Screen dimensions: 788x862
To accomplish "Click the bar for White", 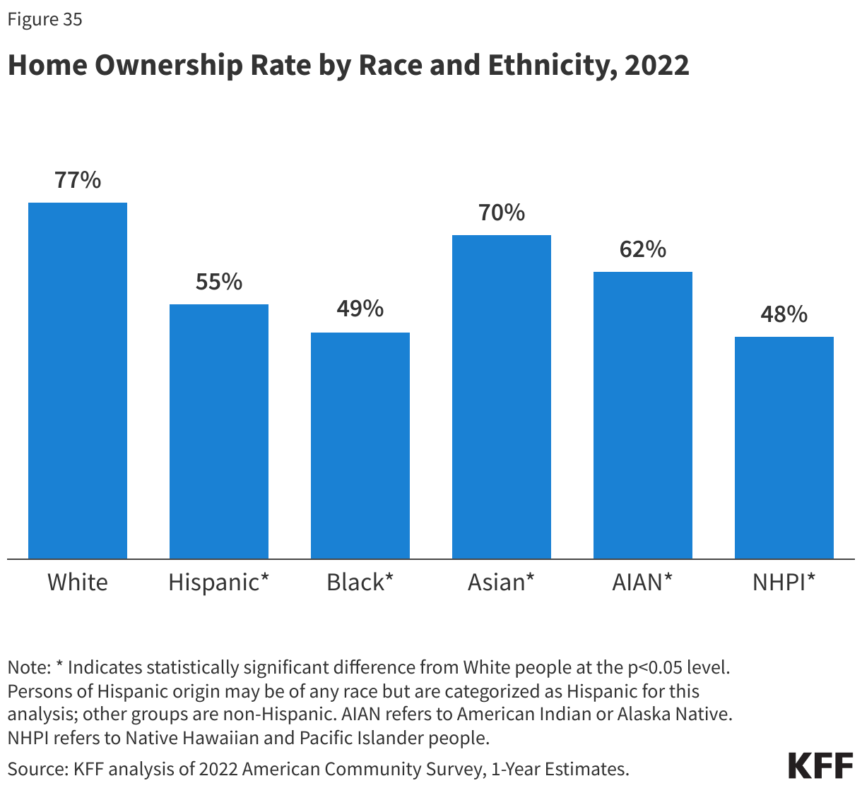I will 78,381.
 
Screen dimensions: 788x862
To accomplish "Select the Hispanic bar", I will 219,431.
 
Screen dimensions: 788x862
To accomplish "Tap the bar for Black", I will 360,446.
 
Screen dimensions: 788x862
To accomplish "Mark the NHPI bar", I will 784,448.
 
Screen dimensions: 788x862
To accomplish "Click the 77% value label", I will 78,181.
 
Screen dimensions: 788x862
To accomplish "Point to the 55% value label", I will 219,282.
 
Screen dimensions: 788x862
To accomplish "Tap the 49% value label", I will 360,309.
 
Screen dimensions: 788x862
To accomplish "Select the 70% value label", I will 502,213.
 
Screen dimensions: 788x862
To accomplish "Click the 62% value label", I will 643,250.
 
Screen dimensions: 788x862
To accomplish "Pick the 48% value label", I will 784,315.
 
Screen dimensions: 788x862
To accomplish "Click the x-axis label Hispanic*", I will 219,583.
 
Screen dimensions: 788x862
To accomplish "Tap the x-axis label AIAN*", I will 642,583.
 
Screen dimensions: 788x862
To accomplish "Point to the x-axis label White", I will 78,583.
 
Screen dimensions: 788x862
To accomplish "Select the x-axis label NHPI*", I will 784,583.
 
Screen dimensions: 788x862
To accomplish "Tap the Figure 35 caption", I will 45,20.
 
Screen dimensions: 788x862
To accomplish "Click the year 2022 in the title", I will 657,66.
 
